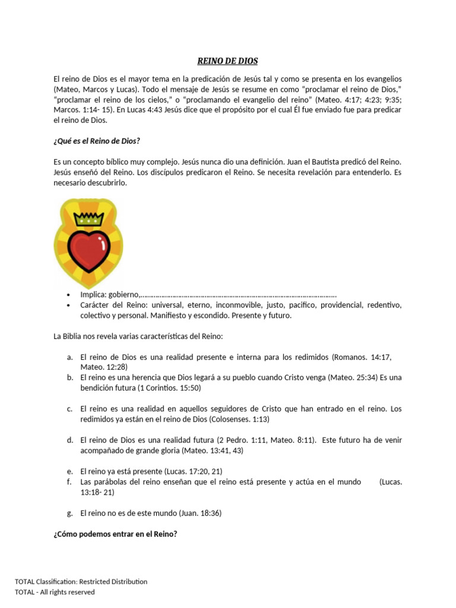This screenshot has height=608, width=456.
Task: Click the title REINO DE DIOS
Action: [x=227, y=61]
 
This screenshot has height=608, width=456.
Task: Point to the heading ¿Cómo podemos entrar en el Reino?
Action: [x=115, y=534]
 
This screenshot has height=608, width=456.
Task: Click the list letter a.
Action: [x=69, y=357]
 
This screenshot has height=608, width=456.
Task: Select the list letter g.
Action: [x=69, y=512]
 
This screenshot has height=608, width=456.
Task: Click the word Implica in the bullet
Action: [x=93, y=294]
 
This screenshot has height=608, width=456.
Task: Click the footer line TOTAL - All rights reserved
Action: [x=55, y=592]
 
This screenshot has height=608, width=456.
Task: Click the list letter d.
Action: [x=69, y=440]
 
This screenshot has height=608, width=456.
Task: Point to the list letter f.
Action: [x=69, y=482]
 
